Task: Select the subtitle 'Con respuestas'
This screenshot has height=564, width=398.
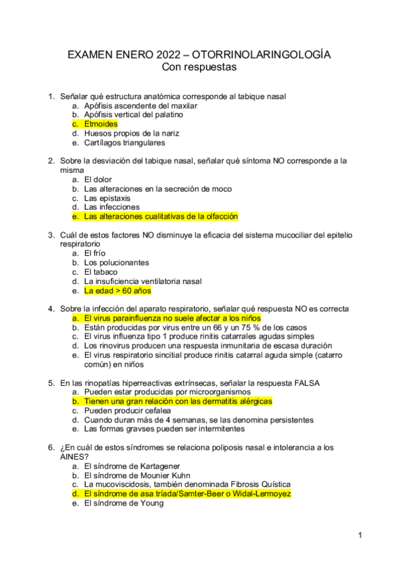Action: click(199, 67)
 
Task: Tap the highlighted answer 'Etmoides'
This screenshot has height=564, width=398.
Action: click(100, 124)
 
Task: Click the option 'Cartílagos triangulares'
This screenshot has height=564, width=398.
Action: click(124, 142)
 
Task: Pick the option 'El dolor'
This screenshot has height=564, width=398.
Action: click(98, 180)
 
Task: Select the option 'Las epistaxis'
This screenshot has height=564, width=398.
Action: click(107, 198)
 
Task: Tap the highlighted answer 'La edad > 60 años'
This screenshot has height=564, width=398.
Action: click(118, 291)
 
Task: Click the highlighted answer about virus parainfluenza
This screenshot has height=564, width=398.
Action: click(172, 319)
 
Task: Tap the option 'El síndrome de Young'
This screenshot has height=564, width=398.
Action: click(123, 503)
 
